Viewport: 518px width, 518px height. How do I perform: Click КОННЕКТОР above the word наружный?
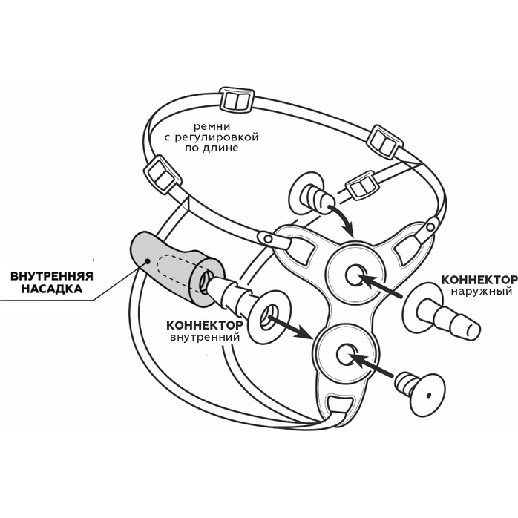[479, 280]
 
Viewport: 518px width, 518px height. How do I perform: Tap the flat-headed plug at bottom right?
[419, 389]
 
